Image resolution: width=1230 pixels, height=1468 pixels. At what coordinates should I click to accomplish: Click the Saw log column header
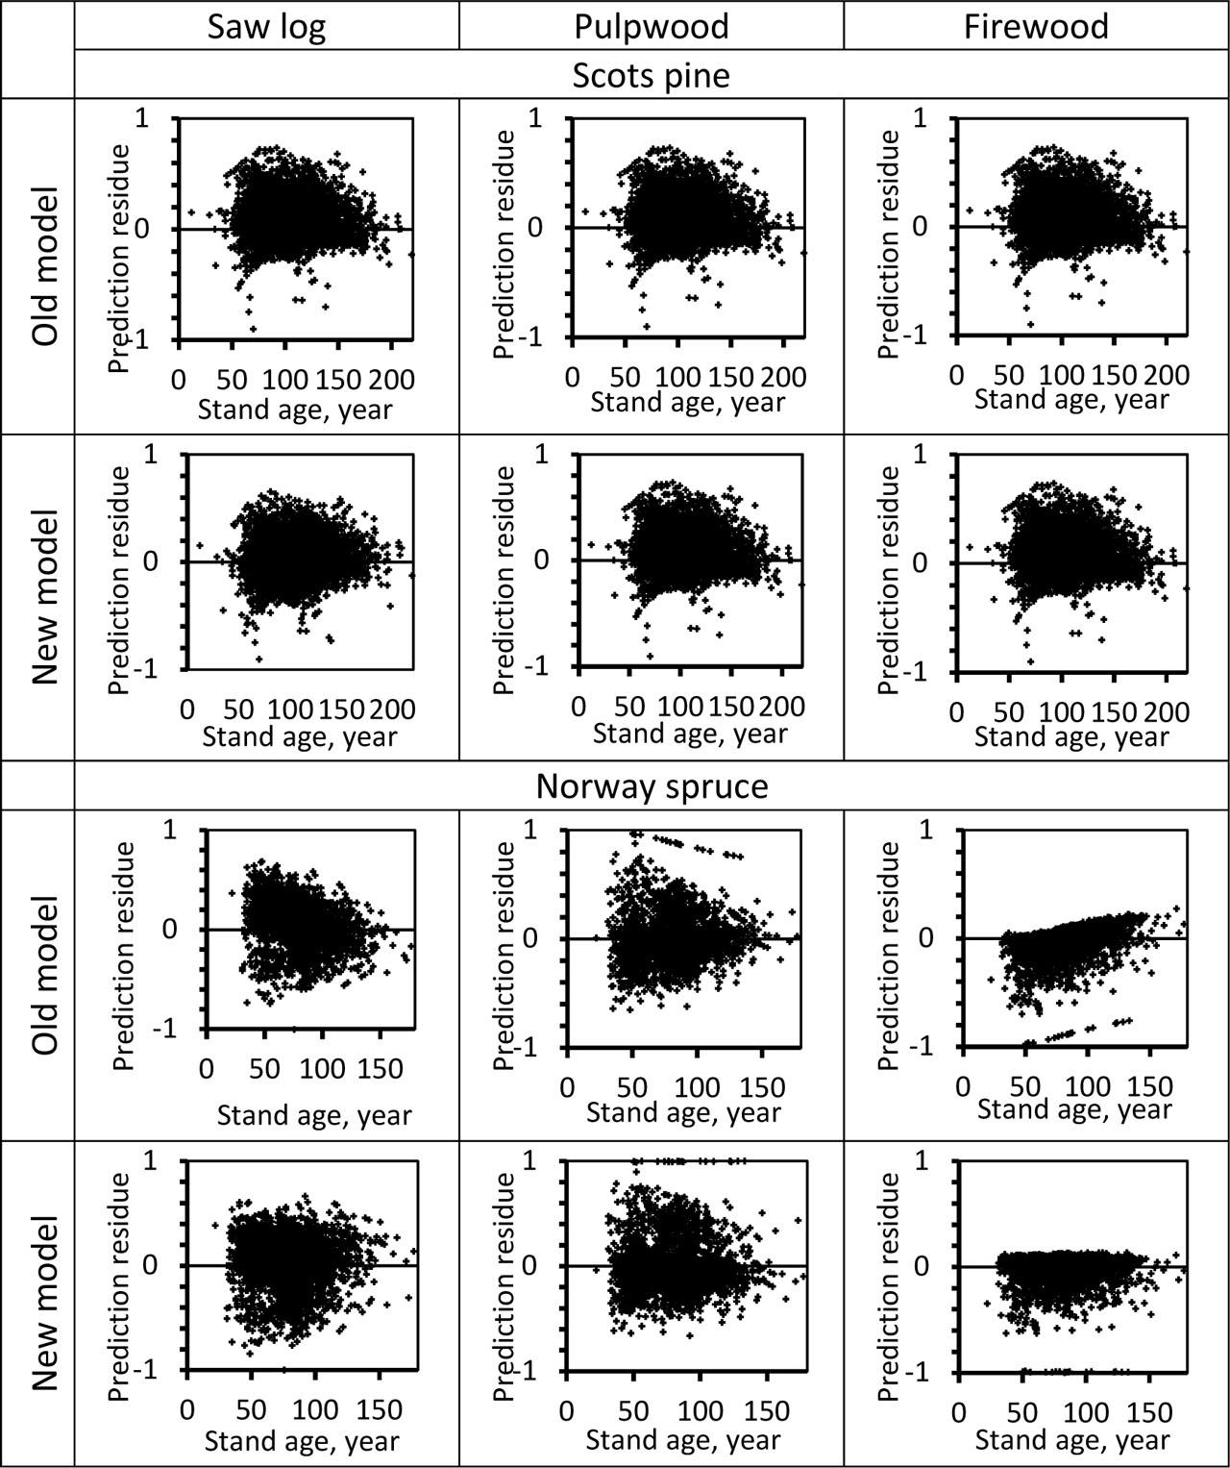click(267, 26)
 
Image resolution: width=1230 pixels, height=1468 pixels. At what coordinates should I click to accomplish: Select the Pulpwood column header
click(651, 26)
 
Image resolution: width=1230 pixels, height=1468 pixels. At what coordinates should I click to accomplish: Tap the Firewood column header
click(1036, 26)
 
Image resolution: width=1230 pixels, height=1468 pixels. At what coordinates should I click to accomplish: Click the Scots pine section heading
click(651, 75)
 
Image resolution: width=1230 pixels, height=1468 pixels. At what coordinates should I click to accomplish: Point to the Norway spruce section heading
click(652, 786)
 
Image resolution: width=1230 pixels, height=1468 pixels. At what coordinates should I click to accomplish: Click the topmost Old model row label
click(45, 267)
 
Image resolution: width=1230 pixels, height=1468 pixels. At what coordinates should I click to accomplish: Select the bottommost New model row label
click(45, 1303)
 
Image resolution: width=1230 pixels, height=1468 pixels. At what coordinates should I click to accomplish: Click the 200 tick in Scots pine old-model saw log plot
click(391, 378)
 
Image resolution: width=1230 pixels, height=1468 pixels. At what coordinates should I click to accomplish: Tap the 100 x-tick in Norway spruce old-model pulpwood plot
click(696, 1087)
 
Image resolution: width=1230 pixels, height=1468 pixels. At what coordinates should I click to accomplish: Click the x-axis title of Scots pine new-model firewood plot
click(1071, 737)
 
